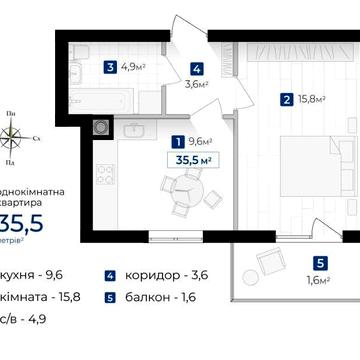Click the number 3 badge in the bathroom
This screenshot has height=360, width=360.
108,68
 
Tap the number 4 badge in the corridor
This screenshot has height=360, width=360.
197,70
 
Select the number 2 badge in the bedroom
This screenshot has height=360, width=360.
287,99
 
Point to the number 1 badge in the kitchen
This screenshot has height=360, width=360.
177,141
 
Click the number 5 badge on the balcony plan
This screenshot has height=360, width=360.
318,263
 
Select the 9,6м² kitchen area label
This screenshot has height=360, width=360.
203,141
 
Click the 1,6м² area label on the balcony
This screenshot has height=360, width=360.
318,280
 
